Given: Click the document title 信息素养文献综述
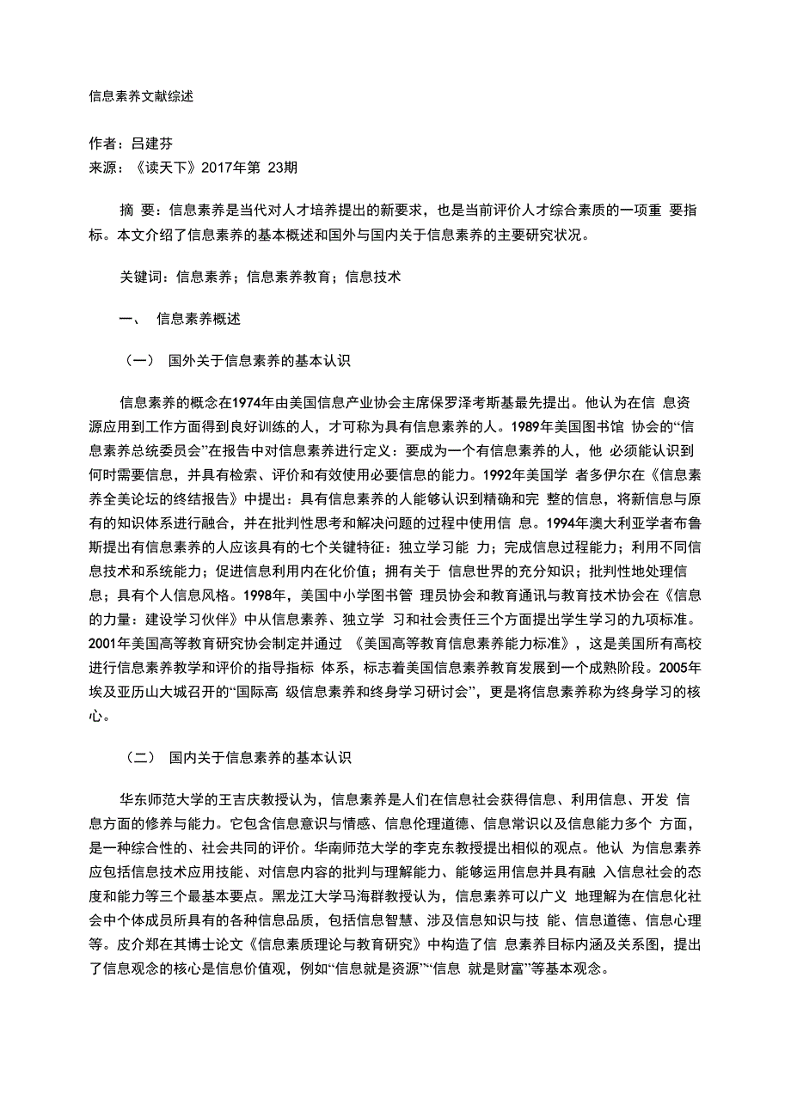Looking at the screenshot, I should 141,96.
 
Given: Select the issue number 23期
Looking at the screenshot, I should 283,168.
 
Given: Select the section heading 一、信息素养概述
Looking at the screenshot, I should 181,319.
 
